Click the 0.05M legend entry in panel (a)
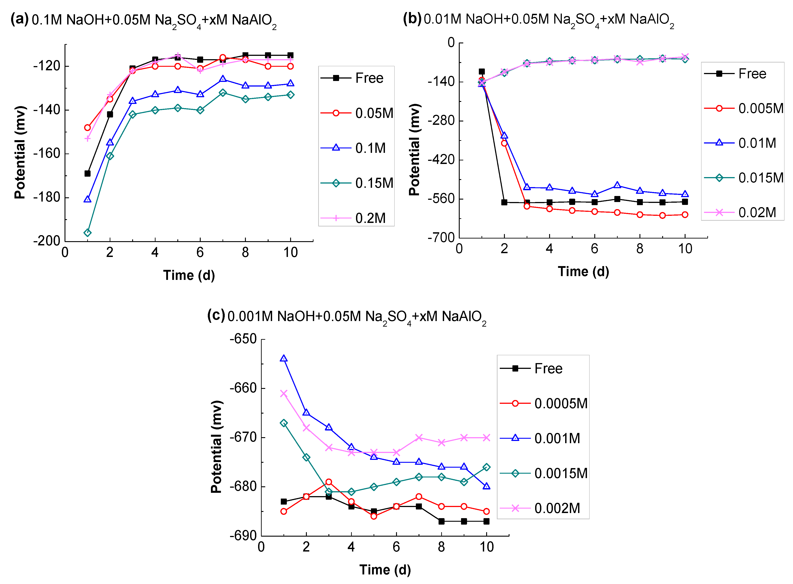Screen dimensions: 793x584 (357, 113)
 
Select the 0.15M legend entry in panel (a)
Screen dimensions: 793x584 (357, 183)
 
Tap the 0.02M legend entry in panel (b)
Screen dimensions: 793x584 (740, 212)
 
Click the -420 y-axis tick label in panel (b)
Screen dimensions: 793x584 (441, 160)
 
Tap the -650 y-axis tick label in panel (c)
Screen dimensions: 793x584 (243, 339)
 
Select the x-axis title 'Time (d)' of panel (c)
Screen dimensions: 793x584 (385, 570)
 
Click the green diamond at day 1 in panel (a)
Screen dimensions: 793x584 (87, 233)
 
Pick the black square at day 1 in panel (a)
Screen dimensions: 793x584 (87, 174)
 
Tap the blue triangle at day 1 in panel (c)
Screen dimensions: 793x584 (283, 358)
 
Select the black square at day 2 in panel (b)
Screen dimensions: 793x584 (504, 202)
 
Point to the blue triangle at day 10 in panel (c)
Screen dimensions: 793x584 (486, 486)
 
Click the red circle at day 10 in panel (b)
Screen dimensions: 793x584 (685, 215)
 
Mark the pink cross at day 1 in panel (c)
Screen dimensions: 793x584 (283, 394)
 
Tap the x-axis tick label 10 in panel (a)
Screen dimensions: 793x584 (291, 253)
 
